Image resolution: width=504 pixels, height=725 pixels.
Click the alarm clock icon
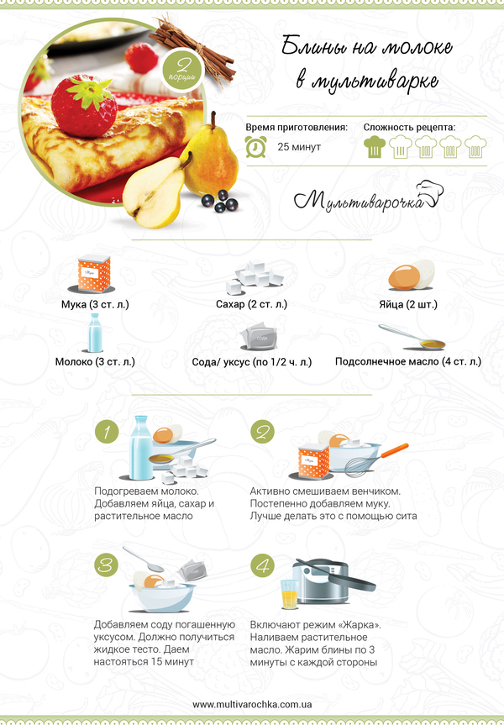[255, 147]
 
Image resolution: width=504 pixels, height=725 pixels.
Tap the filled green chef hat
[375, 147]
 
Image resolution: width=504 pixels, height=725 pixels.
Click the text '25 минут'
[299, 147]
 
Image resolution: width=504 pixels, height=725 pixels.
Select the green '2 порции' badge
[183, 70]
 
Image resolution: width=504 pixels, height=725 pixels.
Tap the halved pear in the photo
[155, 192]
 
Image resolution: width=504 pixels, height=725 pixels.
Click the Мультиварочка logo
[369, 197]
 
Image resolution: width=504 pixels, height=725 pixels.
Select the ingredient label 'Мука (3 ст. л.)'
[95, 305]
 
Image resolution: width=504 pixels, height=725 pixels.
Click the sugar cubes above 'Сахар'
[254, 277]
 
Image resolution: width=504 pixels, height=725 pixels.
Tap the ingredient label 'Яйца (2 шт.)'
[408, 305]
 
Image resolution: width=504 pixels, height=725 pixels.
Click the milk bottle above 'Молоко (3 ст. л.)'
[94, 333]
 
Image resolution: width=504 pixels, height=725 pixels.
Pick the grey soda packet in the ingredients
[259, 336]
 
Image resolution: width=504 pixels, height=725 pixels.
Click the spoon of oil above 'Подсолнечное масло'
[412, 338]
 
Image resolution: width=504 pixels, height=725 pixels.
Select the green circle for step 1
[107, 432]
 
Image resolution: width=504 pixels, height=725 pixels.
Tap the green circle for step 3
[107, 565]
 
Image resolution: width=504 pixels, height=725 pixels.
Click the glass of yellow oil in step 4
[290, 594]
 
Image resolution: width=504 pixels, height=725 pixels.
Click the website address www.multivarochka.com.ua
[252, 705]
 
